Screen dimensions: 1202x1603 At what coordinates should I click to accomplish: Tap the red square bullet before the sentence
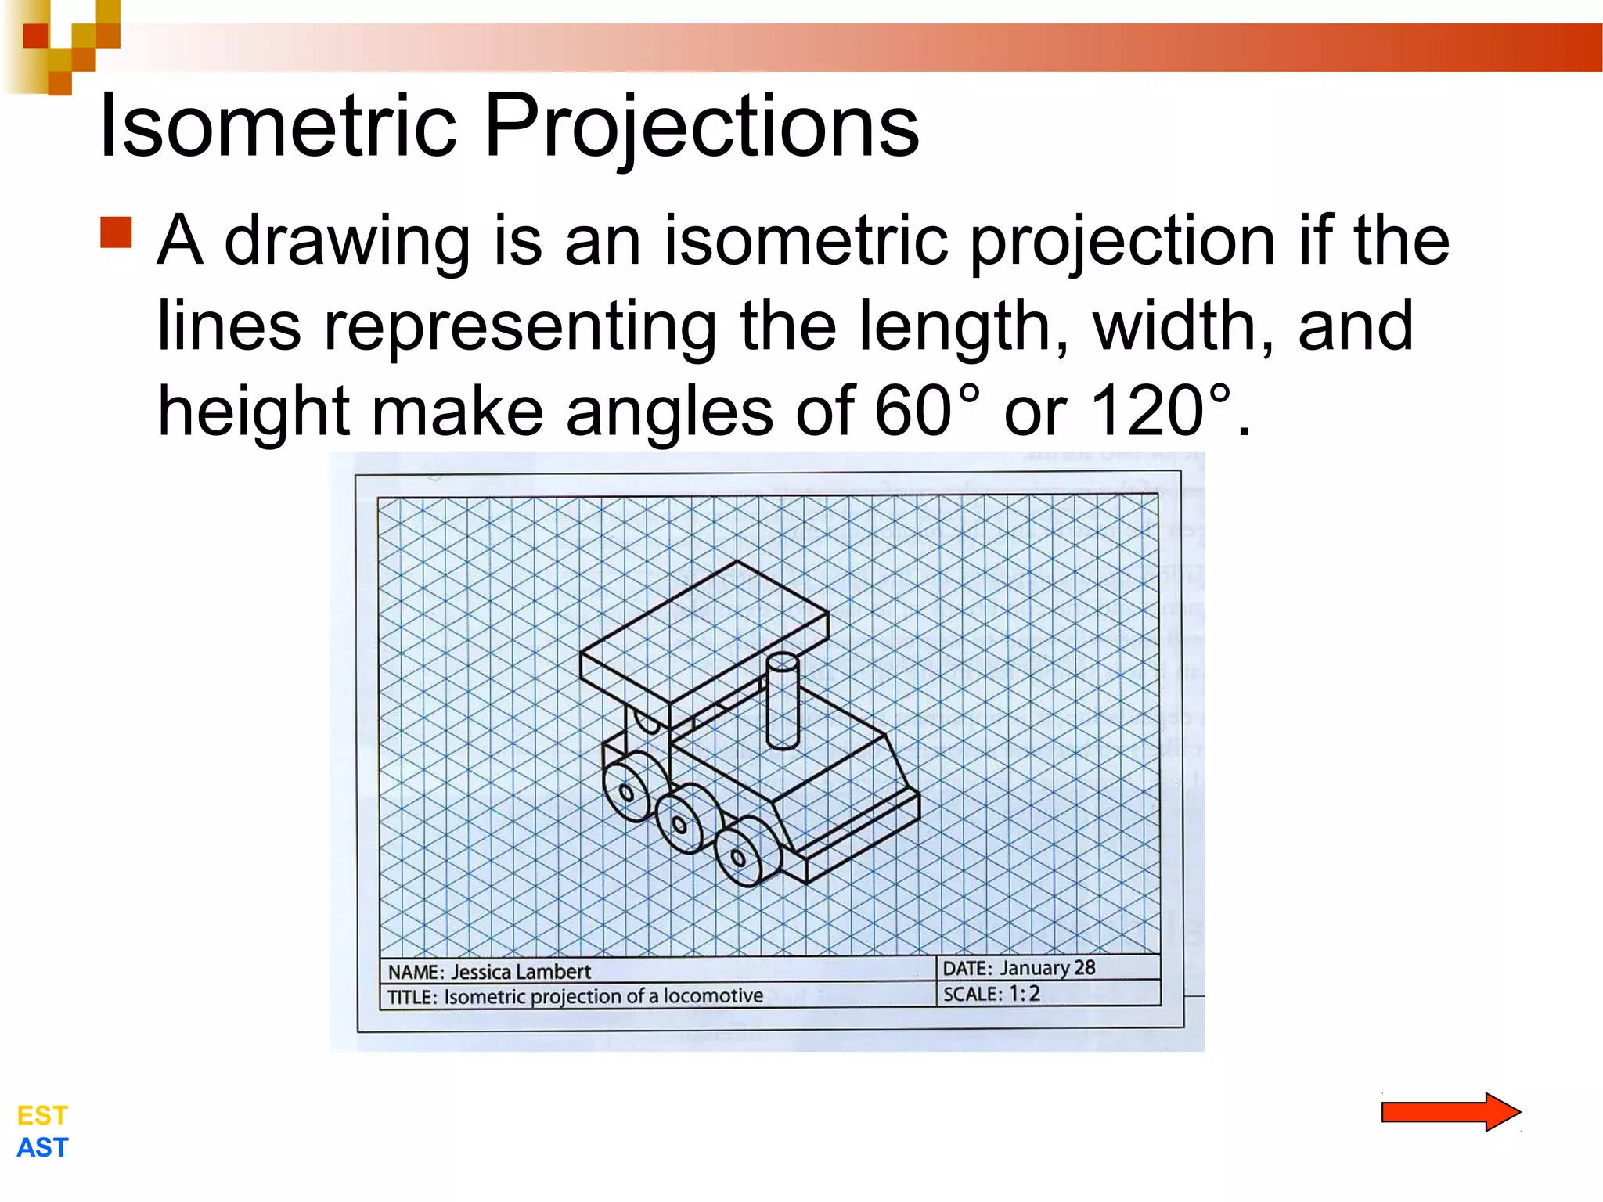pyautogui.click(x=117, y=232)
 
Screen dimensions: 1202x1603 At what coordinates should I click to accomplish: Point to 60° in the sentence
pyautogui.click(x=925, y=412)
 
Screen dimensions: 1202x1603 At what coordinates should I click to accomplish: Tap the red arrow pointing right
pyautogui.click(x=1450, y=1111)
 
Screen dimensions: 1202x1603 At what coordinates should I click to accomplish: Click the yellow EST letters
pyautogui.click(x=42, y=1115)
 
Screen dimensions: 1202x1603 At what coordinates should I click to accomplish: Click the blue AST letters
pyautogui.click(x=42, y=1148)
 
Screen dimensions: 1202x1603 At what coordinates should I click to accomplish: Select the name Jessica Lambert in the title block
pyautogui.click(x=521, y=972)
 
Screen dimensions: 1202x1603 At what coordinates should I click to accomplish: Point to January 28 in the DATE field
pyautogui.click(x=1047, y=968)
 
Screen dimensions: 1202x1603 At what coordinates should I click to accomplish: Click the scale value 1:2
pyautogui.click(x=1024, y=994)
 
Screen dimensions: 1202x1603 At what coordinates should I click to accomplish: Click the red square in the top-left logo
pyautogui.click(x=35, y=36)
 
